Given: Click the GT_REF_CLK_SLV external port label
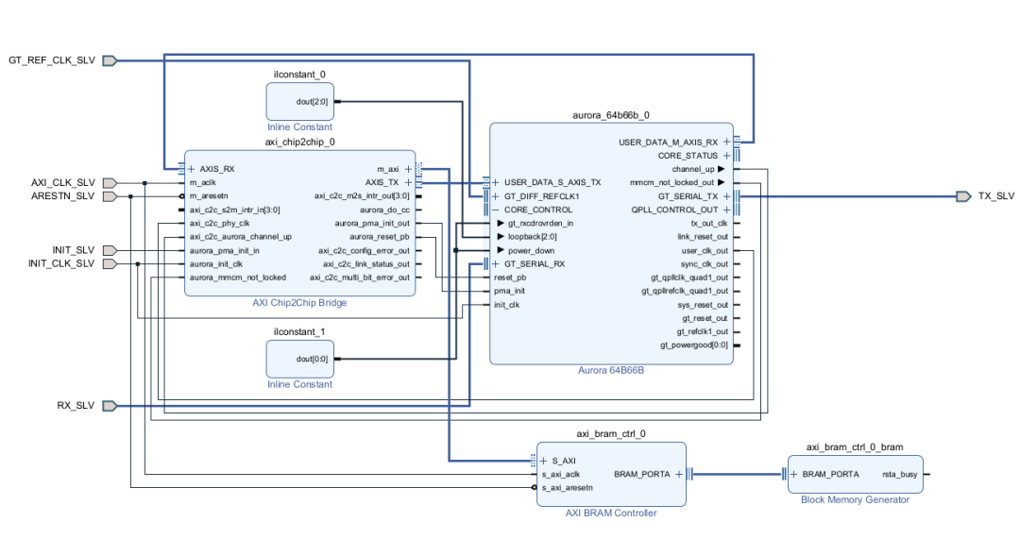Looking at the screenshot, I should (52, 60).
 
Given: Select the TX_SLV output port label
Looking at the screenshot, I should (996, 196).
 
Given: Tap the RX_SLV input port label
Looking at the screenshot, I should (76, 406).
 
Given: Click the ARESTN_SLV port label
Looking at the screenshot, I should (63, 196).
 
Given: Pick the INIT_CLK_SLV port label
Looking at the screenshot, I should (61, 263).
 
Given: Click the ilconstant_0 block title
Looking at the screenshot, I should (299, 74).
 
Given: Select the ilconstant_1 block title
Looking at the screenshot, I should (299, 331).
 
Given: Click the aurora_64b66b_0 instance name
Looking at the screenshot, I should (611, 115).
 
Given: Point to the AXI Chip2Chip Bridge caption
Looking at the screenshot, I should (299, 303).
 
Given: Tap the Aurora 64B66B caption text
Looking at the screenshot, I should (611, 371).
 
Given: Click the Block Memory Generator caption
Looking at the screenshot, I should (855, 500).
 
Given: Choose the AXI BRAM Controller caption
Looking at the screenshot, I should (611, 514).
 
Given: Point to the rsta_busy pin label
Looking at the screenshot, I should (901, 474).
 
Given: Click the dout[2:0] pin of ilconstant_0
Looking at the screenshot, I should (311, 101).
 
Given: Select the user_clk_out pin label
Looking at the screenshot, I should (705, 250).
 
